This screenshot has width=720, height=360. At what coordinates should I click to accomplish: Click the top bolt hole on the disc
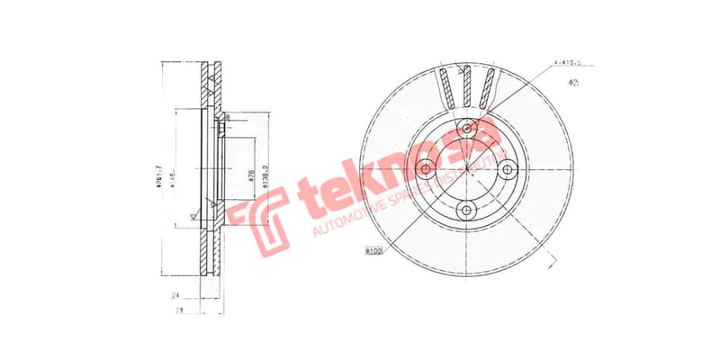pos(467,129)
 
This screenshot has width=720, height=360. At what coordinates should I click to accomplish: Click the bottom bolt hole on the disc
pos(467,210)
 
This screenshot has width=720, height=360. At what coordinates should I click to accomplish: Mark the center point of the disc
pos(467,169)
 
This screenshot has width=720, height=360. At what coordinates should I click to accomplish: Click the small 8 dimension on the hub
pos(228,118)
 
